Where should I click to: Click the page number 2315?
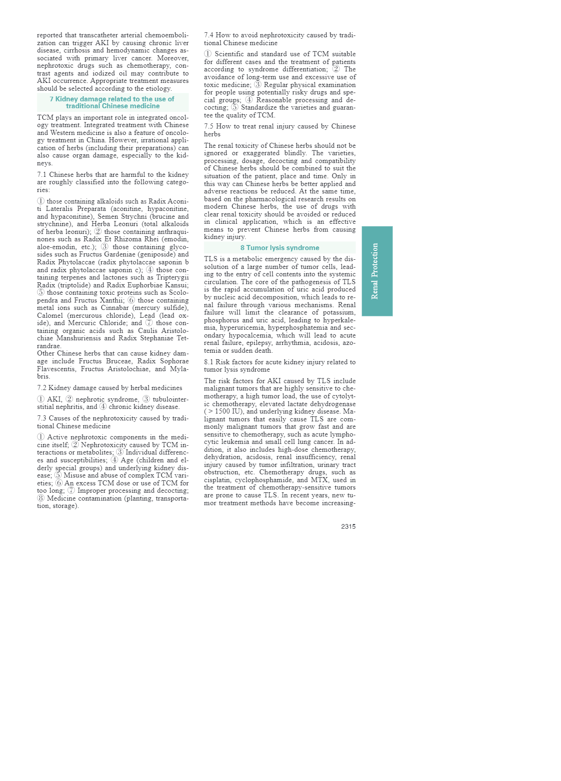(x=348, y=526)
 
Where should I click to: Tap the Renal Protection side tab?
(x=377, y=271)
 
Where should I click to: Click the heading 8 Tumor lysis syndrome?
(x=280, y=248)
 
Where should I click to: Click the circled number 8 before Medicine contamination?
(x=41, y=498)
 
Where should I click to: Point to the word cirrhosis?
(x=76, y=50)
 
